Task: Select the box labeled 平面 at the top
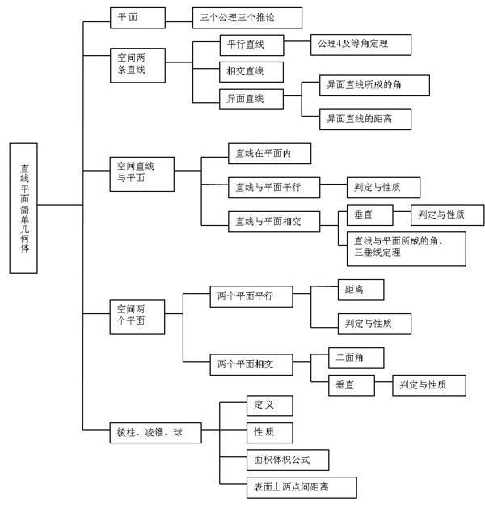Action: [x=138, y=16]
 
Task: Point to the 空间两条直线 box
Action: [x=138, y=63]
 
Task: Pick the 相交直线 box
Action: [x=251, y=71]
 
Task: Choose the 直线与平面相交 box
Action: [x=273, y=220]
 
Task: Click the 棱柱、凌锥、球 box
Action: [x=154, y=434]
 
